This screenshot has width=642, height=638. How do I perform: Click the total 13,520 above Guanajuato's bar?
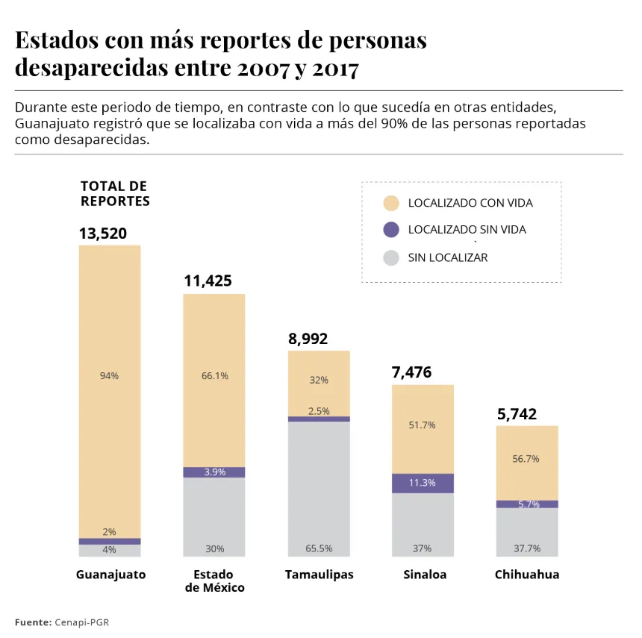click(103, 234)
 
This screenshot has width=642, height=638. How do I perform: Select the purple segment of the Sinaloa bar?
click(423, 483)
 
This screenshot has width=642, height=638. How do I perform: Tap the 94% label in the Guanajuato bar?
click(109, 376)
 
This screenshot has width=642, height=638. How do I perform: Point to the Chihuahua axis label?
click(526, 575)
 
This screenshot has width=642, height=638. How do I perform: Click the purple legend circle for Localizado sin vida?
click(390, 230)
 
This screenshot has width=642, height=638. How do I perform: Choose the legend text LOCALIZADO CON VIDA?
click(470, 203)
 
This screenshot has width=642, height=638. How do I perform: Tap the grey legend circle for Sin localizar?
click(390, 257)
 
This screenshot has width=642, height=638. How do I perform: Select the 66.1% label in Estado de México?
click(214, 376)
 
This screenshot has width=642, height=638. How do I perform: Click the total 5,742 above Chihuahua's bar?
click(517, 414)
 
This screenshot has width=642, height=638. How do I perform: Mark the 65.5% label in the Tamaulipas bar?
click(319, 548)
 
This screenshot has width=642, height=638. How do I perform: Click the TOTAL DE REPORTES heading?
click(114, 193)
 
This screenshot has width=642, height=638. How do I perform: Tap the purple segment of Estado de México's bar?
click(214, 472)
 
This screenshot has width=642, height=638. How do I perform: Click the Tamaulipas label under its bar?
click(319, 575)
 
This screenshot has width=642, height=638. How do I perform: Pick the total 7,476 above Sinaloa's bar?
click(412, 372)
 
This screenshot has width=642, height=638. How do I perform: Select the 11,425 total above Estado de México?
click(208, 281)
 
